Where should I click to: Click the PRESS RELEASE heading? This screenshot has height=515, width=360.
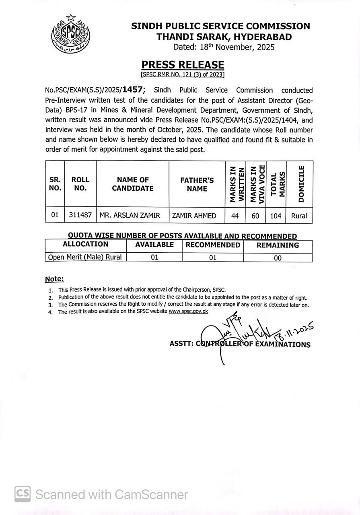pos(183,65)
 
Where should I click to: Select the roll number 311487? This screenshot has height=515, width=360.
pos(80,216)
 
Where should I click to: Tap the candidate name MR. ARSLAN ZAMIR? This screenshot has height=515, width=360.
pos(130,216)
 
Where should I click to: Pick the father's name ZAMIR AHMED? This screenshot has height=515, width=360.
pos(194,216)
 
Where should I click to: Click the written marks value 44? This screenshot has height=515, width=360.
pos(235,216)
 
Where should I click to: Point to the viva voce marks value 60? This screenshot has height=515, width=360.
pos(255,216)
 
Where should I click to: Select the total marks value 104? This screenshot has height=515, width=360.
pos(276,216)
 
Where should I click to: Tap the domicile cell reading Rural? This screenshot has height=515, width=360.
pos(299,216)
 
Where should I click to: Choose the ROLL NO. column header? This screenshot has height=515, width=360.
pos(80,184)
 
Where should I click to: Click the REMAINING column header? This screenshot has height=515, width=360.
pos(278,245)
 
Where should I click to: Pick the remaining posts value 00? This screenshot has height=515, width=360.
pos(278,258)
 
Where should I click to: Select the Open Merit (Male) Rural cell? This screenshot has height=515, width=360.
pos(85,257)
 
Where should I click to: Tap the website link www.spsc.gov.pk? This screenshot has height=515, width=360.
pos(188,311)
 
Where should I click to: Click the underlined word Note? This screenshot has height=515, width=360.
pos(54,279)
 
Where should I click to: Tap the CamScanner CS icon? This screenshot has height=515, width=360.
pos(23,494)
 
